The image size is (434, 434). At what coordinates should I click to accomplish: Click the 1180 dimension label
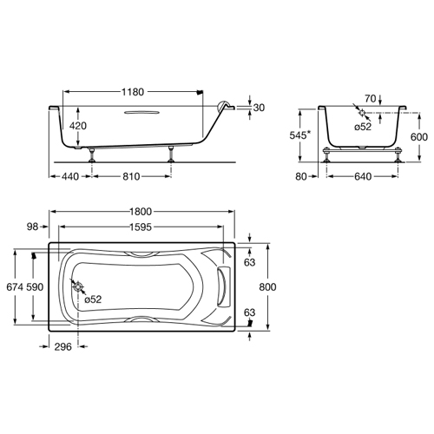(x=133, y=92)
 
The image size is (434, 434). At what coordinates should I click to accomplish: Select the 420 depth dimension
(x=78, y=126)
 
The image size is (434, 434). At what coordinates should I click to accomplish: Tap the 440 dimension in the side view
(x=70, y=176)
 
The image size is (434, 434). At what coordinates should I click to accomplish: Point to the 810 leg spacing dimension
(x=131, y=176)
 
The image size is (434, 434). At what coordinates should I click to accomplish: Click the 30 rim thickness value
(x=259, y=108)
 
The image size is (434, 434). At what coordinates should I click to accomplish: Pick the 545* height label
(x=300, y=135)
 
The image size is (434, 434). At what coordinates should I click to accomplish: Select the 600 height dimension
(x=419, y=137)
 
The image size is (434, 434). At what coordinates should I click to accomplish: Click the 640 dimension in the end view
(x=363, y=176)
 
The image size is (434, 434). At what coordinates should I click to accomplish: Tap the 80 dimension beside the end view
(x=301, y=176)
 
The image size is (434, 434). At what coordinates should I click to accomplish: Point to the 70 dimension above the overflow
(x=370, y=99)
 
